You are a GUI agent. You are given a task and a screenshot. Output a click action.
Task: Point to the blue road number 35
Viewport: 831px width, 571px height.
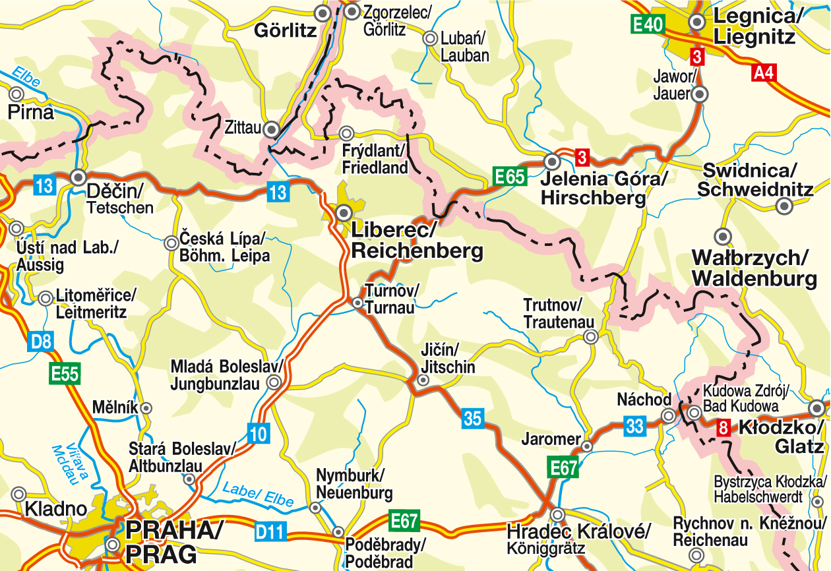pyautogui.click(x=472, y=417)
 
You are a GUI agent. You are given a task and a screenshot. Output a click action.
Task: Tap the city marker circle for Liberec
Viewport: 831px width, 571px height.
pyautogui.click(x=344, y=212)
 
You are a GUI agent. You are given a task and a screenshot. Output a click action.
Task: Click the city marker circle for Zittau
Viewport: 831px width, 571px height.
pyautogui.click(x=270, y=131)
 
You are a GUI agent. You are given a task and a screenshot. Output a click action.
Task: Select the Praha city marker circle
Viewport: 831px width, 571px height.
pyautogui.click(x=113, y=545)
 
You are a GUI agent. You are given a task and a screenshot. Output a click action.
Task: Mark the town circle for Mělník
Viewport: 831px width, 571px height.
pyautogui.click(x=147, y=408)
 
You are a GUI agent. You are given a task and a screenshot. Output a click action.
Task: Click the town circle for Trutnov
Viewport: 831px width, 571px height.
pyautogui.click(x=591, y=337)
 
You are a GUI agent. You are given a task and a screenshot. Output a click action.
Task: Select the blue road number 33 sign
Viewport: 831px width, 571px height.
pyautogui.click(x=634, y=426)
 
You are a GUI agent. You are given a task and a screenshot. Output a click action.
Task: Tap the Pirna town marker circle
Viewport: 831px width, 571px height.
pyautogui.click(x=16, y=94)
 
